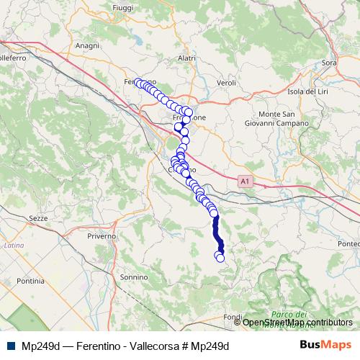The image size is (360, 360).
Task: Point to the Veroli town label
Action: pos(226,84)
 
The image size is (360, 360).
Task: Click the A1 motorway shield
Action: pos(247,183)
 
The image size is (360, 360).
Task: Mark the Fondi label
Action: pos(232,317)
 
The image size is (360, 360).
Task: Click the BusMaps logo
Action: pos(325,345)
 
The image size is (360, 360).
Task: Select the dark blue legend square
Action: pos(9,346)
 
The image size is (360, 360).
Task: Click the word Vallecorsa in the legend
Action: pos(155,346)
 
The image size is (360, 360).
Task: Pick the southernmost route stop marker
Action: pos(220,258)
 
